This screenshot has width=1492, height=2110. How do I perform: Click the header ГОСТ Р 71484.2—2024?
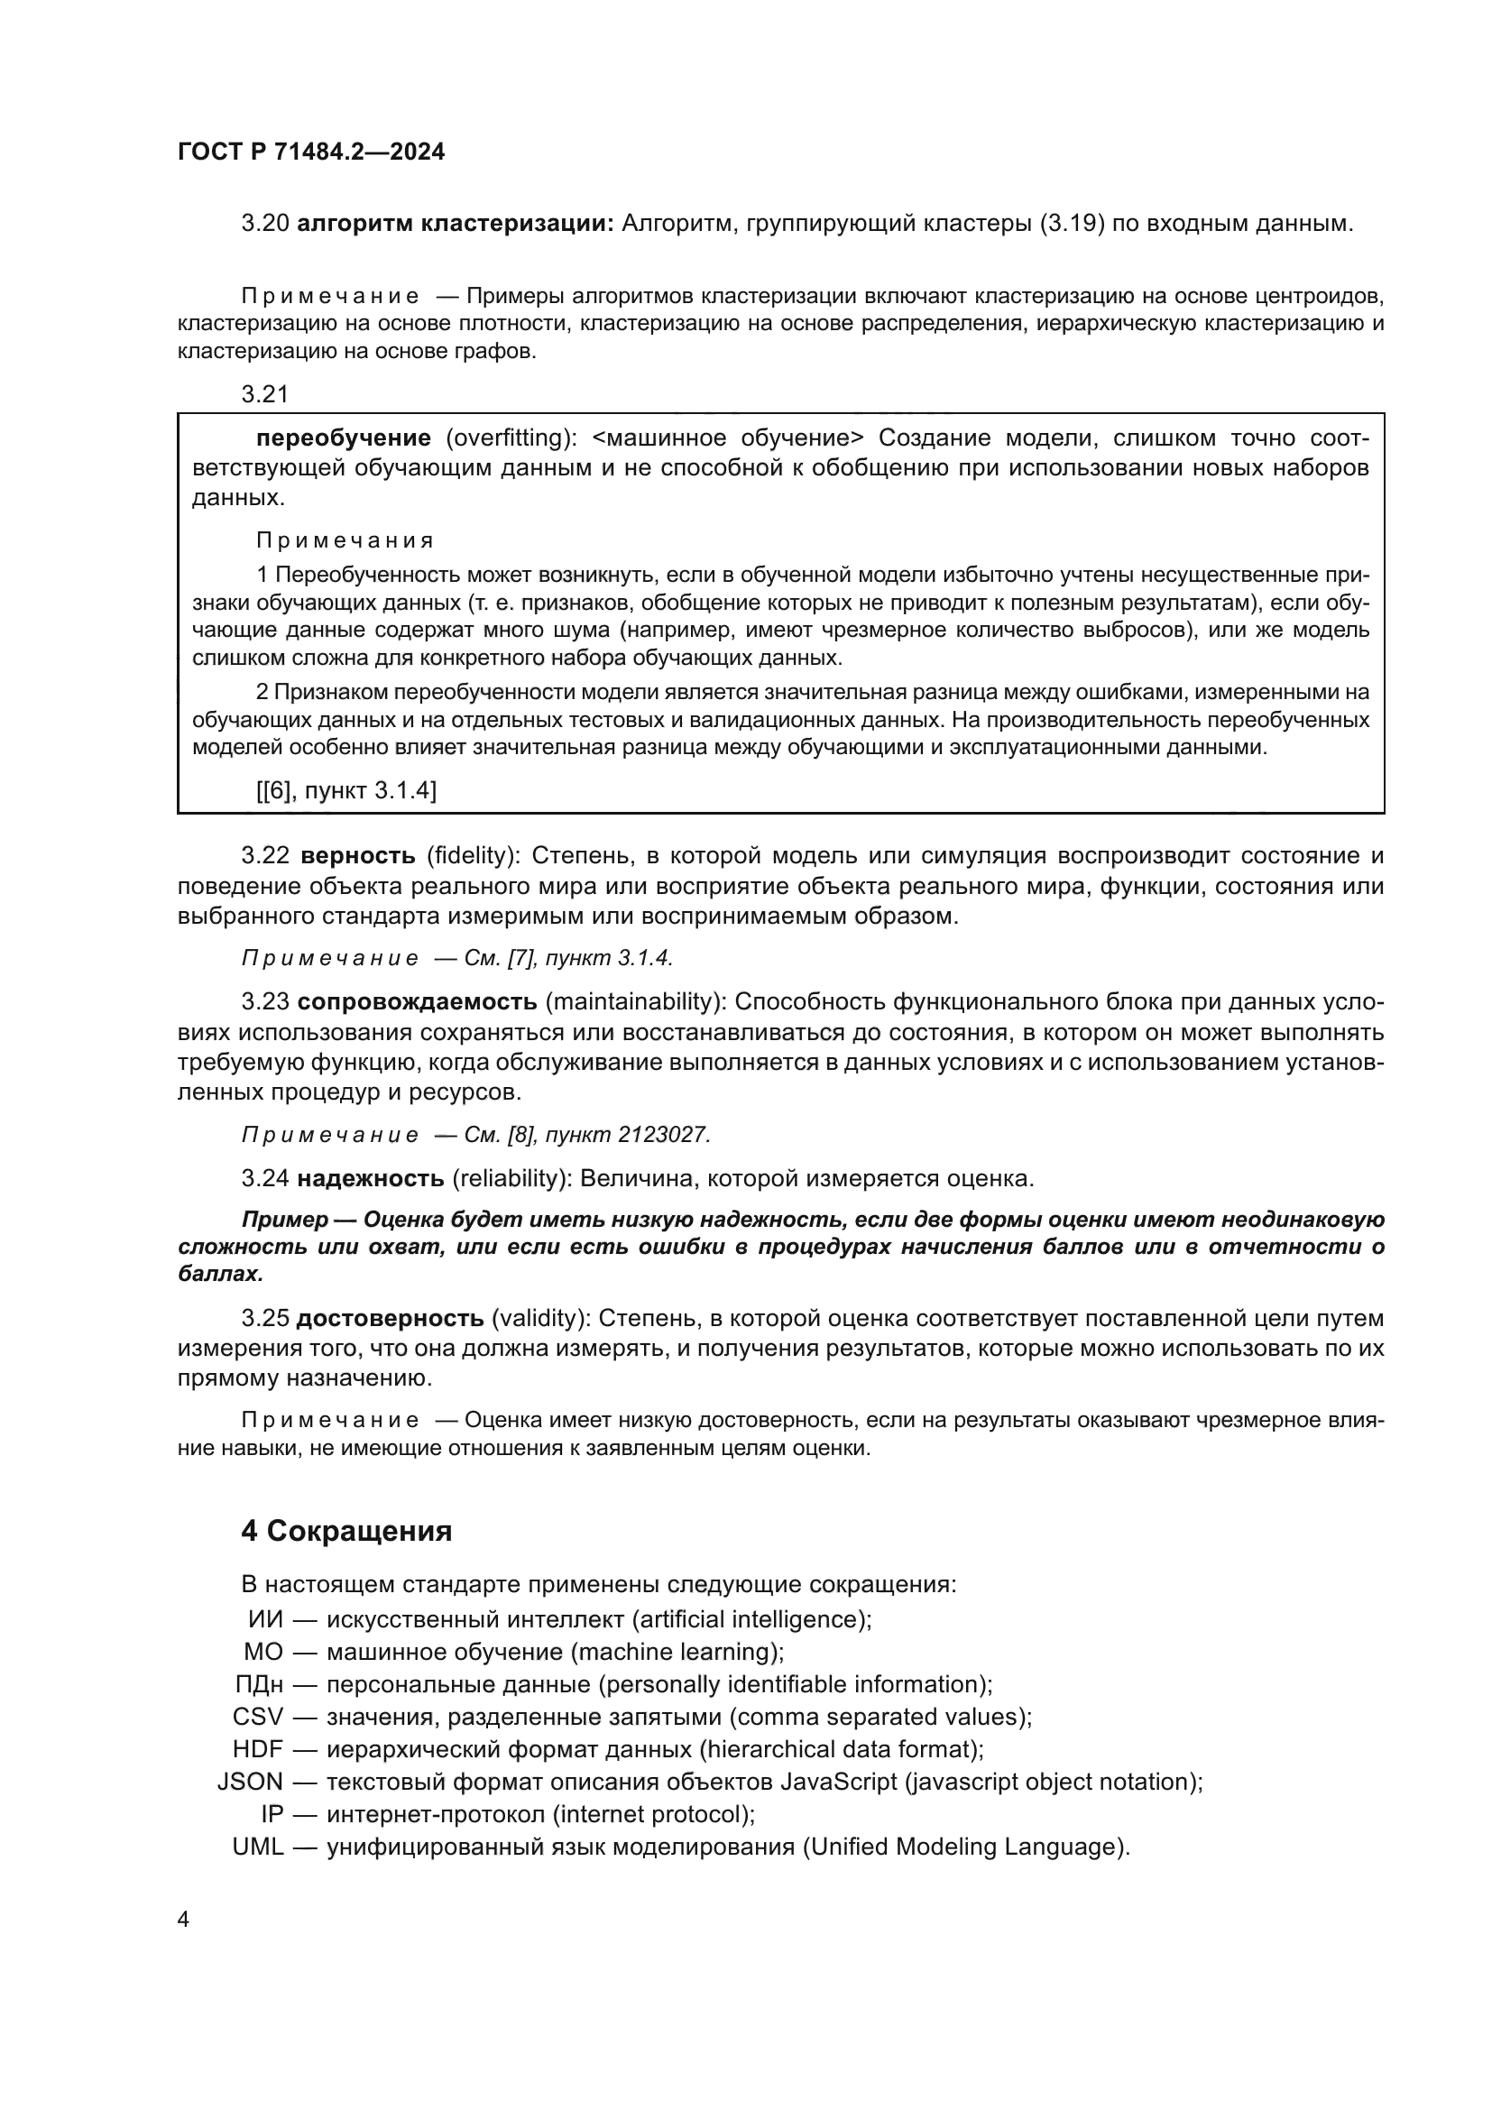coord(310,152)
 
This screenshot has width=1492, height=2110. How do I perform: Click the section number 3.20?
coord(264,224)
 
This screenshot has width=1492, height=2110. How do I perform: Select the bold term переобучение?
coord(344,438)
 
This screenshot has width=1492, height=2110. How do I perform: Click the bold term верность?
coord(358,855)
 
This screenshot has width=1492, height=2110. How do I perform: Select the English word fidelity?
coord(472,855)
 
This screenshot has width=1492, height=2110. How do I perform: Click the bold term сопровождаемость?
coord(417,1000)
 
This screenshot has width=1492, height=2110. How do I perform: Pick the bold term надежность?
coord(370,1178)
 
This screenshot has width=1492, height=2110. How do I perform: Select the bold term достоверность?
coord(390,1319)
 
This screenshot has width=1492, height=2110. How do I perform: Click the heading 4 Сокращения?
coord(346,1531)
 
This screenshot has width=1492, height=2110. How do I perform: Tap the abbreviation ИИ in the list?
coord(265,1619)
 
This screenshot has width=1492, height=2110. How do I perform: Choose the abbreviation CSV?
coord(258,1717)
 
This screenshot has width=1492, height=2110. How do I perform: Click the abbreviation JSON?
coord(250,1782)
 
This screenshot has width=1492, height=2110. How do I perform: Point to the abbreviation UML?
coord(257,1847)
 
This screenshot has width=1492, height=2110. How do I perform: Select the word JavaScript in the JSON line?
coord(838,1782)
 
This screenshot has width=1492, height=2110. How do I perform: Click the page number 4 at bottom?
coord(183,1920)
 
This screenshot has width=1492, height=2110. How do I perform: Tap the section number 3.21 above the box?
coord(264,394)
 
